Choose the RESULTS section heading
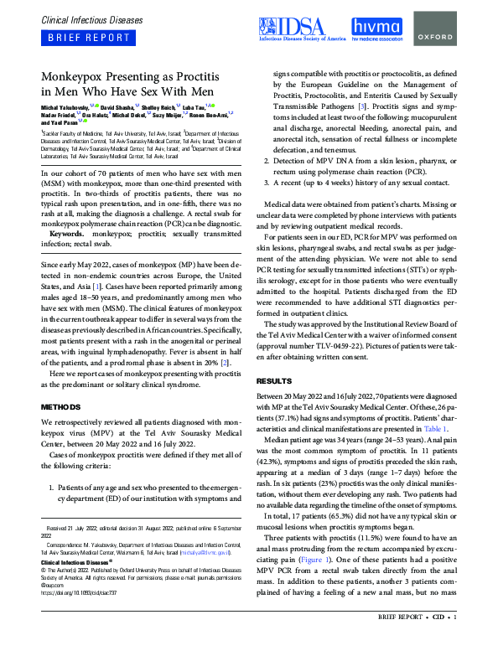click(x=274, y=380)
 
